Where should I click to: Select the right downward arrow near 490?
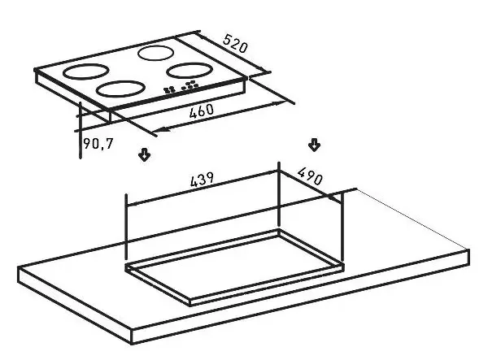pos(314,145)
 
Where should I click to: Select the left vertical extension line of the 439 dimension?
pos(125,228)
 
